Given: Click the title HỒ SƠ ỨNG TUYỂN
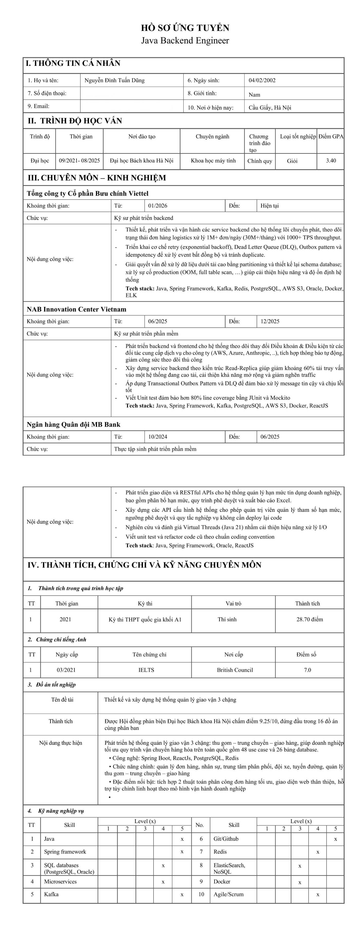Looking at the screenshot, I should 185,28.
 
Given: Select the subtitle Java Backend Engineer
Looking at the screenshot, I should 185,41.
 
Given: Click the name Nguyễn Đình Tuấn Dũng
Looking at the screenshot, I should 114,80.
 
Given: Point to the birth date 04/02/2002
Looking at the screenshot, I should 262,80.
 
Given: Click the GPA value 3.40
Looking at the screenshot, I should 331,161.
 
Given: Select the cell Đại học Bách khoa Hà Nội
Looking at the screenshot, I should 141,161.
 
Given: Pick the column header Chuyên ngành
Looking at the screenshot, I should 212,136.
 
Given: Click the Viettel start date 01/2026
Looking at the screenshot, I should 158,206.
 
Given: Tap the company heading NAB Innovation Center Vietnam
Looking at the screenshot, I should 76,309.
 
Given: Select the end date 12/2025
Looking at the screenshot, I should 270,321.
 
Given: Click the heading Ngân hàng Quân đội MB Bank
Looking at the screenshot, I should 74,424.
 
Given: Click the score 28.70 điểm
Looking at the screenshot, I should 310,619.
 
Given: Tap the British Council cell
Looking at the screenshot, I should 235,670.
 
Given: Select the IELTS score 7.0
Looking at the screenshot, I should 308,670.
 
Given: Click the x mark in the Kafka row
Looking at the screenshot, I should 182,894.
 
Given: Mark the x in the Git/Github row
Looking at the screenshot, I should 335,839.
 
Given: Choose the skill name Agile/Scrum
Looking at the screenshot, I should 228,894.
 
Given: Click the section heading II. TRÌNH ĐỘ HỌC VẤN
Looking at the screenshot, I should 75,121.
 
